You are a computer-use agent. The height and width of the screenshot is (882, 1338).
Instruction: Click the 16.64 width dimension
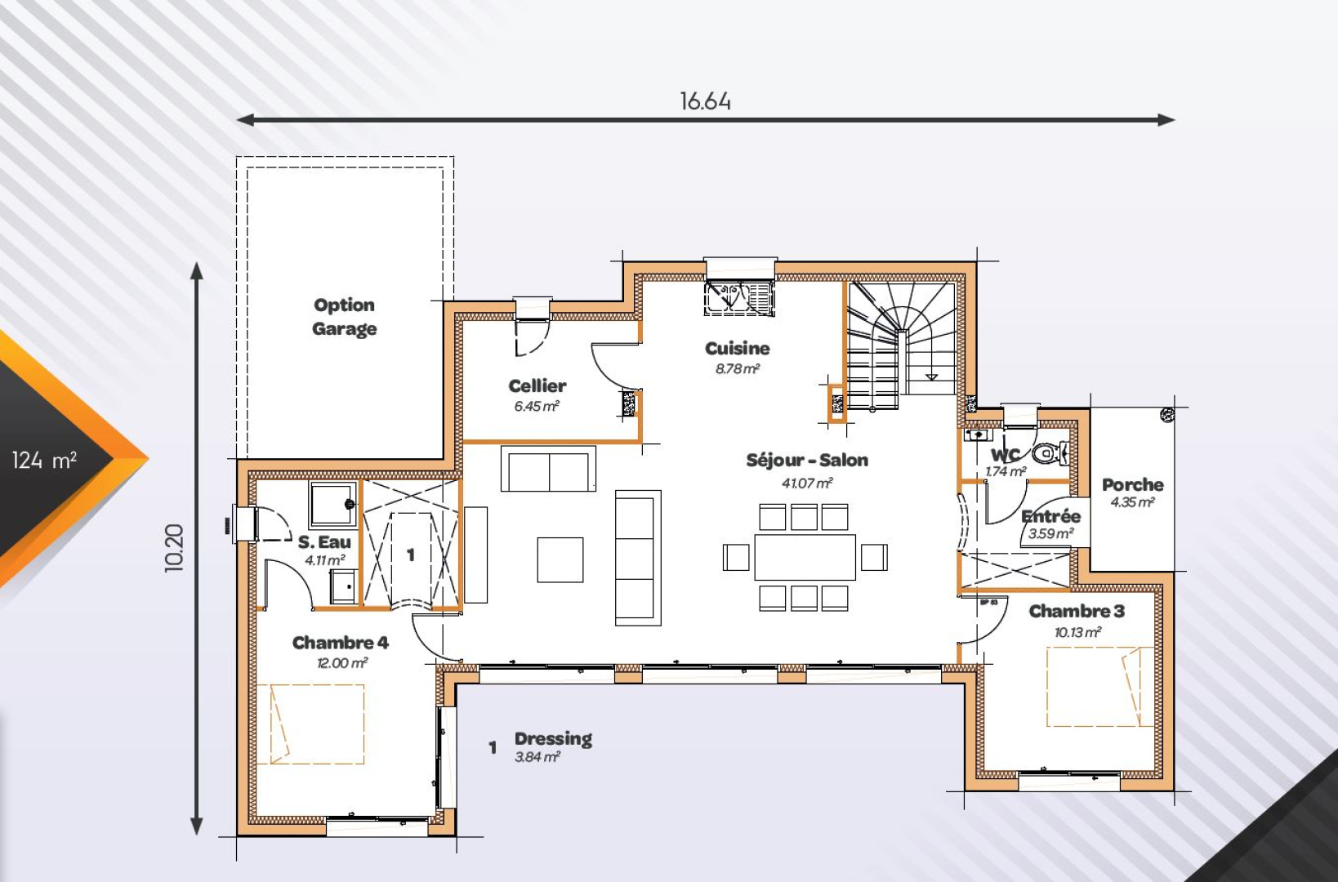coord(705,101)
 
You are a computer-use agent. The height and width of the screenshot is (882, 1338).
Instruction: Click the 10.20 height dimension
coord(175,547)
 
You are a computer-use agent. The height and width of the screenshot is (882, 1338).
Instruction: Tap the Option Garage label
coord(344,317)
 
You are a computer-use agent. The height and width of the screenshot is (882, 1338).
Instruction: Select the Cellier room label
coord(537,385)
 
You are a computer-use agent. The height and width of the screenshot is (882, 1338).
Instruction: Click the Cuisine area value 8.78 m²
coord(738,369)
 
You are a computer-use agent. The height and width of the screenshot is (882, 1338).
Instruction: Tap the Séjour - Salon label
coord(806,460)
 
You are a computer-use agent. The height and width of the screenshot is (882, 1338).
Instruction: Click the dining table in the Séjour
coord(805,557)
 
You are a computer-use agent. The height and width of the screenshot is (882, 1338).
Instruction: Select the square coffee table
coord(560,559)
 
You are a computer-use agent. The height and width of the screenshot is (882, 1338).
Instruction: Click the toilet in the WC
coord(1049,452)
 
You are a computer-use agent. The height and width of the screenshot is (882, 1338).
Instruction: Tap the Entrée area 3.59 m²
coord(1050,534)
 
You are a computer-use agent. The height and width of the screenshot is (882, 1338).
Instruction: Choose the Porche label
coord(1132,484)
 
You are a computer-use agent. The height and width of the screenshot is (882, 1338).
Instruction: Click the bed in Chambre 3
coord(1099,687)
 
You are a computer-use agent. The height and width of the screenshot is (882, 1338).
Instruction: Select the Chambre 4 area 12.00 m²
coord(341,663)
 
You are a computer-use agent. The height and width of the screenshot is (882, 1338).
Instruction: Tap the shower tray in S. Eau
coord(332,504)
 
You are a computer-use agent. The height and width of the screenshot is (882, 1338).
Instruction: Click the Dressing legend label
coord(553,738)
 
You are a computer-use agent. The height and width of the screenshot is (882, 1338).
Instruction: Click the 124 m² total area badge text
coord(45,461)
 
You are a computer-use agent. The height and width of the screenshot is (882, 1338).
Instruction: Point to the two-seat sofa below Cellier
coord(548,470)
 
